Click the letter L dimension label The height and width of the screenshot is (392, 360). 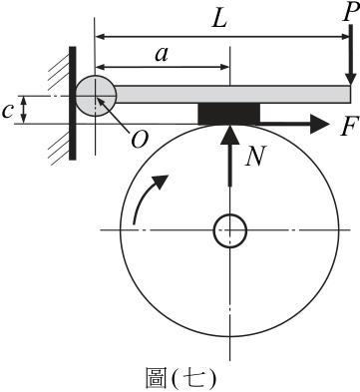pyautogui.click(x=219, y=19)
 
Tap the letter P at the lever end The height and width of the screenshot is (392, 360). pyautogui.click(x=350, y=13)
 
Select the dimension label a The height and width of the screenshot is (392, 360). pyautogui.click(x=162, y=55)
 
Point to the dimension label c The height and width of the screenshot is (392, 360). pyautogui.click(x=7, y=111)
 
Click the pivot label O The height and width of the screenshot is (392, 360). pyautogui.click(x=139, y=140)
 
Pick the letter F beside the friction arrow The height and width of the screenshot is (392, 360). pyautogui.click(x=350, y=126)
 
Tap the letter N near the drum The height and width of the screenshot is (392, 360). pyautogui.click(x=255, y=156)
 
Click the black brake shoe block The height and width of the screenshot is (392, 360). pyautogui.click(x=229, y=114)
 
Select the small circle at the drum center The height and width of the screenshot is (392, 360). pyautogui.click(x=229, y=230)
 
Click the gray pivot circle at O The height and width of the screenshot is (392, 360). pyautogui.click(x=96, y=96)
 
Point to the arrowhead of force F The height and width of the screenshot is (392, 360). pyautogui.click(x=319, y=124)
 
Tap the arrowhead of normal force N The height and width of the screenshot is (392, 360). pyautogui.click(x=229, y=135)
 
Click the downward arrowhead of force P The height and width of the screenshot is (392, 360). pyautogui.click(x=350, y=79)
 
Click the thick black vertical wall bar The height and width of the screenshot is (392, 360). pyautogui.click(x=73, y=103)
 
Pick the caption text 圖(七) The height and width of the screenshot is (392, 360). pyautogui.click(x=181, y=378)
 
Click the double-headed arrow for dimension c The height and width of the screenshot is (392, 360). pyautogui.click(x=23, y=110)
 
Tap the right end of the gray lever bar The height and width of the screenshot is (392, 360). pyautogui.click(x=350, y=95)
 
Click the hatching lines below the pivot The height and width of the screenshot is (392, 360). pyautogui.click(x=59, y=147)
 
